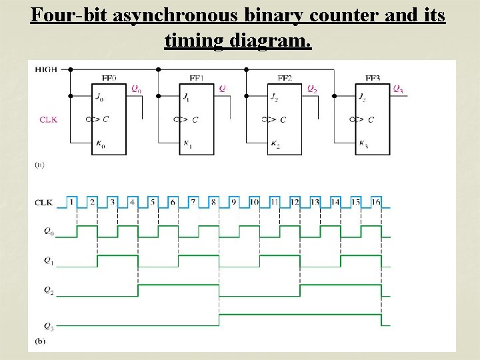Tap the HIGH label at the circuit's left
pos(46,69)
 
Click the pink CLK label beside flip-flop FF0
pos(48,119)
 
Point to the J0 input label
pos(100,97)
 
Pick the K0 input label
pos(100,144)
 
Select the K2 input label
pos(275,144)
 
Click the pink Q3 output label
pos(397,88)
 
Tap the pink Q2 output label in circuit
pos(311,88)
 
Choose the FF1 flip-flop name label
pos(196,78)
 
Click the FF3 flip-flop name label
pos(373,78)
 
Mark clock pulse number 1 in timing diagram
pos(72,201)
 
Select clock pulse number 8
pos(213,201)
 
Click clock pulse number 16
pos(376,201)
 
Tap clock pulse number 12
pos(295,201)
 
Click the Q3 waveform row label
pos(48,325)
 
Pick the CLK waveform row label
pos(45,201)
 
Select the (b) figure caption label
pos(40,341)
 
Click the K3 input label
pos(363,144)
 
